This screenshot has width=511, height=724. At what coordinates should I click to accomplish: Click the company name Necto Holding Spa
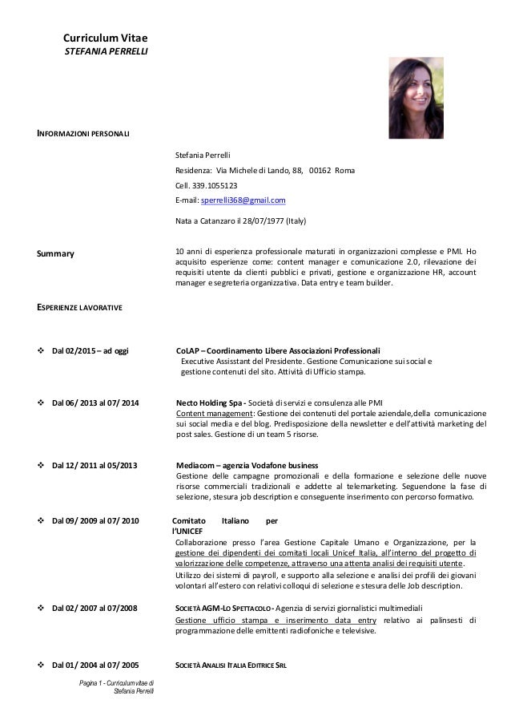pyautogui.click(x=209, y=402)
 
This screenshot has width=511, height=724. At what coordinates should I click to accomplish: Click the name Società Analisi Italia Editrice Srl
pyautogui.click(x=231, y=666)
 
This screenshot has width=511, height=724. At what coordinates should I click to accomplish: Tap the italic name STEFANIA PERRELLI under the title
pyautogui.click(x=100, y=52)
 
